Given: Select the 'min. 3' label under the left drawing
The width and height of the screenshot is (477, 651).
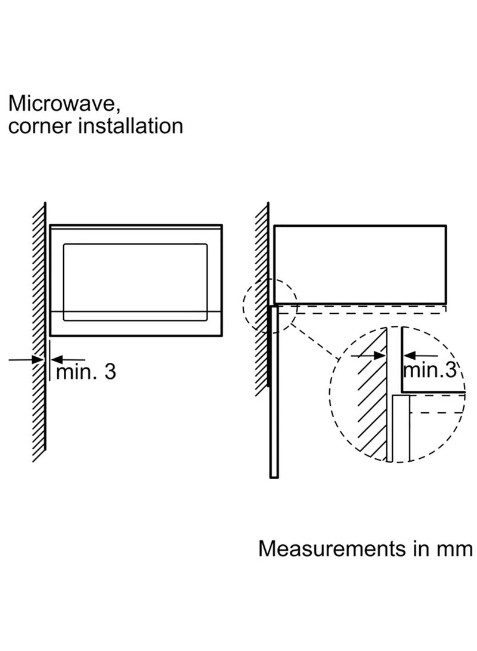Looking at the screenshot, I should pyautogui.click(x=86, y=372).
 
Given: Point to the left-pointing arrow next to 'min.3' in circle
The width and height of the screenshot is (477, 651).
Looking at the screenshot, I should pyautogui.click(x=420, y=355).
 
